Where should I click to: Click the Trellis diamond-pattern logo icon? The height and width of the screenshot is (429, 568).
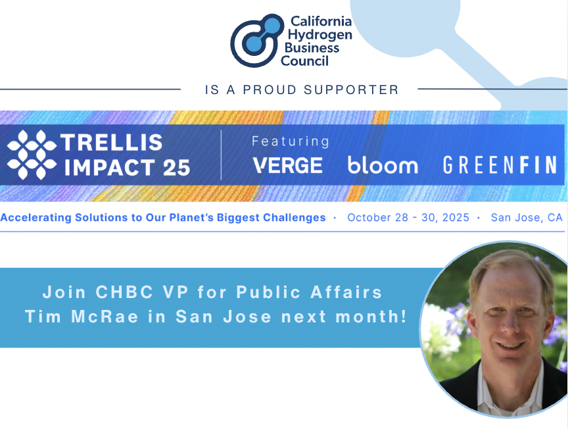pos(31,155)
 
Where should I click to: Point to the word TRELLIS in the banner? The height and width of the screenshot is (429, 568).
pos(111,142)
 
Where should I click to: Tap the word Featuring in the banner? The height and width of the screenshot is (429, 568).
pos(291,141)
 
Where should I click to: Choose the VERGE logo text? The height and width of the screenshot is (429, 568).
pos(288,165)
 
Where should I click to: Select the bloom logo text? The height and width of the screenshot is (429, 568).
pos(383,165)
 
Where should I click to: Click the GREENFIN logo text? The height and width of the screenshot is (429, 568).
pos(500,165)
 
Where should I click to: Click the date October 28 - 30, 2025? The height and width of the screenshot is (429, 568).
pos(408,217)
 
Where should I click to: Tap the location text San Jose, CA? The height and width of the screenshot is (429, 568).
pos(527,217)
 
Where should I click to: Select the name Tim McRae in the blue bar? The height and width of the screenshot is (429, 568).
pos(82,316)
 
